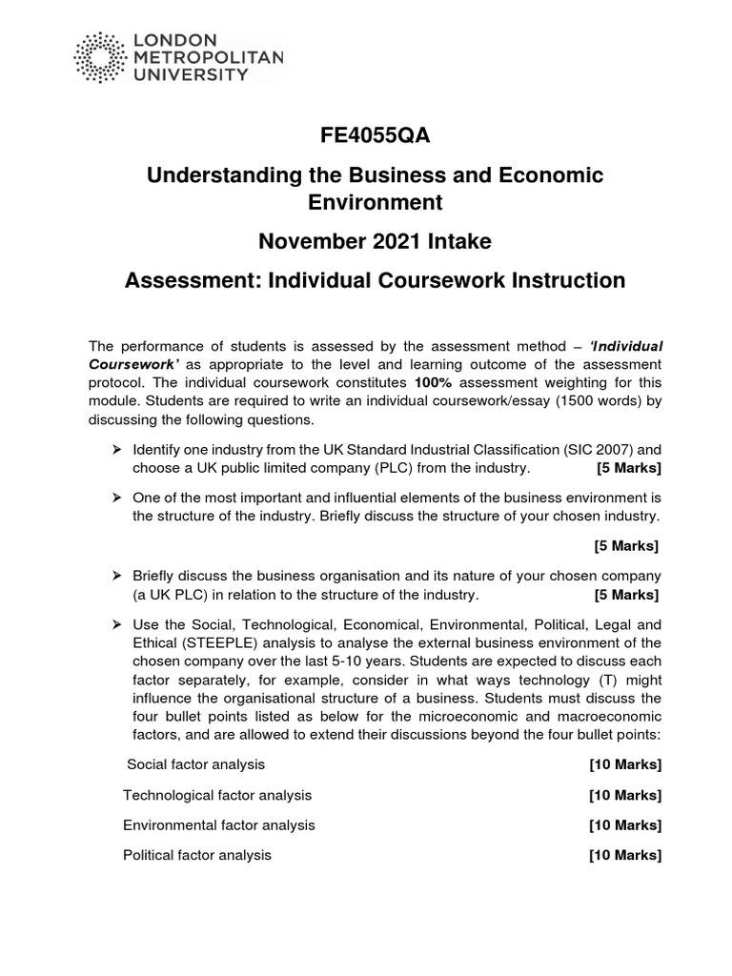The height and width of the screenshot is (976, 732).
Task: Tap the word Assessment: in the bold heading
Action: (x=186, y=280)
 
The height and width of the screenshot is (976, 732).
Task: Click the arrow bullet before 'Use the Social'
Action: (x=117, y=624)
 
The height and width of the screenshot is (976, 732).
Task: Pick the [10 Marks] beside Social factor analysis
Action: (x=625, y=764)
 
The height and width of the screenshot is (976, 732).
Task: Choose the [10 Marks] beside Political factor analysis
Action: (x=625, y=855)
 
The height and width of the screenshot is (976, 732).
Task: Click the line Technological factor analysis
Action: (x=217, y=795)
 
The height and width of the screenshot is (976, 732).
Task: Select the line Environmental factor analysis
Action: (x=219, y=824)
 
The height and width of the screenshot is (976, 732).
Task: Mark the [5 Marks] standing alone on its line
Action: (x=625, y=546)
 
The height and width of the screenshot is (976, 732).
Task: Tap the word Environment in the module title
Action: (x=375, y=203)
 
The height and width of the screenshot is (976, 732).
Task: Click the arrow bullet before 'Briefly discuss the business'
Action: (x=117, y=577)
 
